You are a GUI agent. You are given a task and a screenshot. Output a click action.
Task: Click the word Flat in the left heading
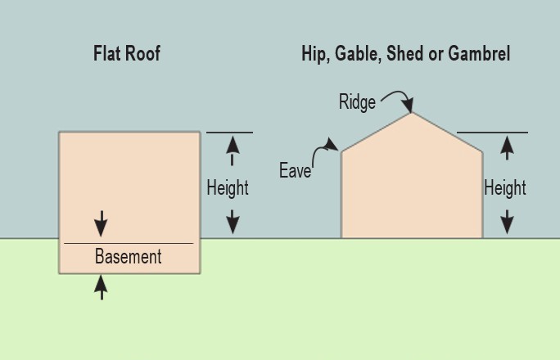(x=109, y=55)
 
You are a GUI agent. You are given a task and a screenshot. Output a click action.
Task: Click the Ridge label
(x=357, y=102)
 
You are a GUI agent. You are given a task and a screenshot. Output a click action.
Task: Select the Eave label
(x=295, y=171)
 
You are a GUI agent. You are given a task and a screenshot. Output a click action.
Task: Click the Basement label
(x=129, y=257)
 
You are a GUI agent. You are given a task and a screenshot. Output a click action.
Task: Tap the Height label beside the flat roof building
(x=228, y=188)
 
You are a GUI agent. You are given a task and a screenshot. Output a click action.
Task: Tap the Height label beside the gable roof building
(x=505, y=188)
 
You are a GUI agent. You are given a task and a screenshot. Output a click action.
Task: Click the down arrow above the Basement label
(x=101, y=223)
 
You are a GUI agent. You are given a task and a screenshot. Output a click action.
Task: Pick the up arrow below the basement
(x=101, y=286)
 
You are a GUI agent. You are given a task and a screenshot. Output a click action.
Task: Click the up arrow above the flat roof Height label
(x=233, y=150)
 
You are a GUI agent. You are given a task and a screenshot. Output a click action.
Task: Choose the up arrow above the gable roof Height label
(x=508, y=148)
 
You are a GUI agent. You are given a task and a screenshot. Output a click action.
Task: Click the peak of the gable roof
(x=411, y=113)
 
